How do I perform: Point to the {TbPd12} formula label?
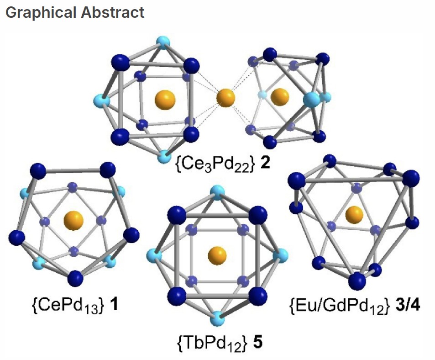[212, 344]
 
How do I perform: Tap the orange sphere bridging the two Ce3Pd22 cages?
[225, 98]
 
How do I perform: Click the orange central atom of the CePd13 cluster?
[73, 221]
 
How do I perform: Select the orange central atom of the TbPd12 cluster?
[217, 256]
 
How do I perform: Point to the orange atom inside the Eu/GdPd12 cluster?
[354, 215]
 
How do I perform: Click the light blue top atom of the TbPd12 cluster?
[217, 193]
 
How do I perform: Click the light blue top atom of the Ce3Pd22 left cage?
[163, 42]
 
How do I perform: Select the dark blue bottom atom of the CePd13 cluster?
[75, 278]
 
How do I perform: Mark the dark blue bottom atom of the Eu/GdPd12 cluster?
[357, 281]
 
